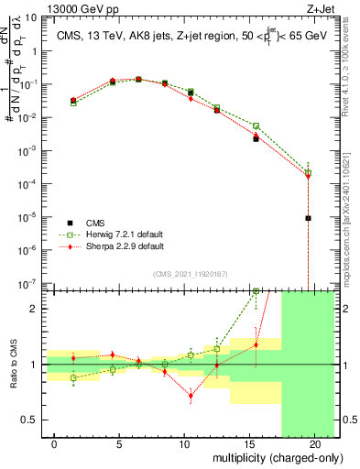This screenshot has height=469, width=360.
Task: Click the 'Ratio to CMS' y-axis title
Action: pyautogui.click(x=12, y=364)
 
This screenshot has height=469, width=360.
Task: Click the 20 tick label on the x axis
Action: pyautogui.click(x=308, y=444)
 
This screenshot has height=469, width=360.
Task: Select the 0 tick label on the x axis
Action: pyautogui.click(x=55, y=444)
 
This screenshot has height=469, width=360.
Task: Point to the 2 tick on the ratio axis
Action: pyautogui.click(x=30, y=309)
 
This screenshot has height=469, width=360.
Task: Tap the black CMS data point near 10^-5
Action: pyautogui.click(x=309, y=218)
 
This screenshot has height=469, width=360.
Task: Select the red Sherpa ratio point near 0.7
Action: pyautogui.click(x=191, y=396)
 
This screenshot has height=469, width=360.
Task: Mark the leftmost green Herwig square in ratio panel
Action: pyautogui.click(x=73, y=377)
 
